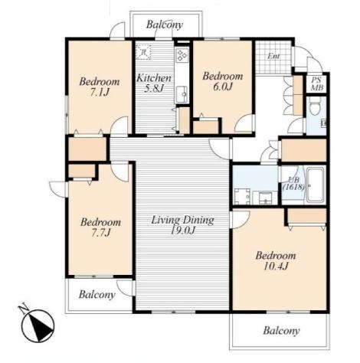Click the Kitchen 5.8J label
[x=154, y=83]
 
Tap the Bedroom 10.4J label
[x=276, y=260]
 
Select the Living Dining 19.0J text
[x=182, y=225]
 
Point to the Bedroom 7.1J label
[x=100, y=87]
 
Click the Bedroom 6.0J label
[x=223, y=81]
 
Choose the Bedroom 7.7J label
[x=100, y=227]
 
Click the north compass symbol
[x=37, y=322]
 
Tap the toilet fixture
[x=315, y=107]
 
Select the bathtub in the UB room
[x=316, y=185]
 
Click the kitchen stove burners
[x=182, y=55]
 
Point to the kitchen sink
[x=182, y=94]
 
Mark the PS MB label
[x=317, y=84]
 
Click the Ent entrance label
[x=273, y=56]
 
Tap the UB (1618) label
[x=293, y=184]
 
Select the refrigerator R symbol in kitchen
[x=143, y=52]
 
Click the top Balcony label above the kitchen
[x=165, y=25]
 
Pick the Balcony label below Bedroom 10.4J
[x=281, y=331]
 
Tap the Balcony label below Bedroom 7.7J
[x=97, y=295]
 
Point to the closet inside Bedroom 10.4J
[x=307, y=216]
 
